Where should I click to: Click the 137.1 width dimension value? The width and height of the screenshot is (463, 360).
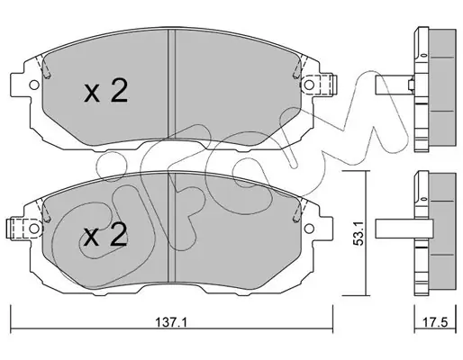pyautogui.click(x=171, y=323)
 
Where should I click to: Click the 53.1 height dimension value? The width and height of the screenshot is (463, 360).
pyautogui.click(x=359, y=232)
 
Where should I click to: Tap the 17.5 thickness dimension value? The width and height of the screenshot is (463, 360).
pyautogui.click(x=435, y=323)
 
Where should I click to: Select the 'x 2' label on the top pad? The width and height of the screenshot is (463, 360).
pyautogui.click(x=106, y=90)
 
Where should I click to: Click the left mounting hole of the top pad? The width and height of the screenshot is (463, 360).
pyautogui.click(x=34, y=85)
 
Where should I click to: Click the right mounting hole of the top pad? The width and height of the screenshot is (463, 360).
pyautogui.click(x=309, y=85)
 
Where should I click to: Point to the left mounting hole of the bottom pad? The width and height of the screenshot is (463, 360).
pyautogui.click(x=34, y=229)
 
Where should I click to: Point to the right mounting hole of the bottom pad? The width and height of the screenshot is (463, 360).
pyautogui.click(x=309, y=229)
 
